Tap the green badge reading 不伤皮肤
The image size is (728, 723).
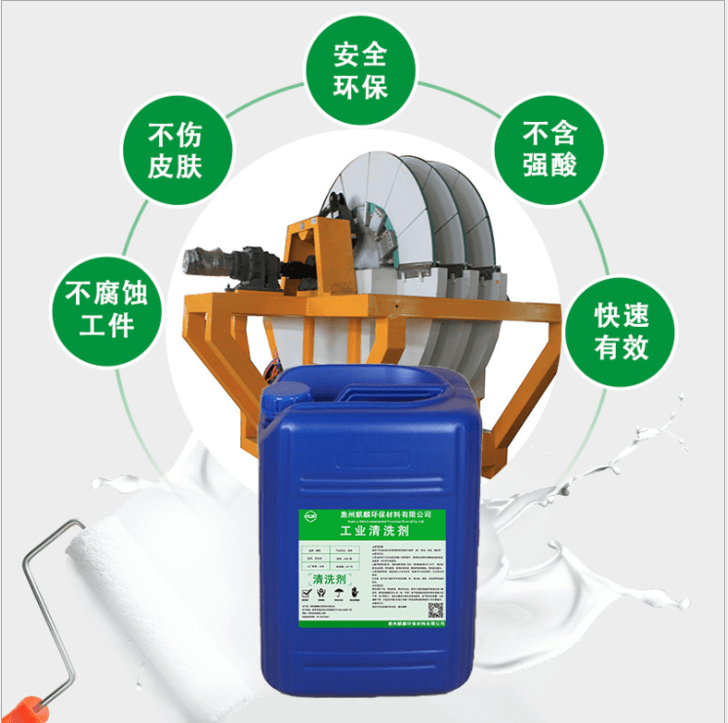click(x=174, y=149)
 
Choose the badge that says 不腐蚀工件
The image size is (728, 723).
click(x=107, y=307)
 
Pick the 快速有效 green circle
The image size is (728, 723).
click(x=623, y=331)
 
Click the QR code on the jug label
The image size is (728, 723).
click(x=435, y=609)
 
